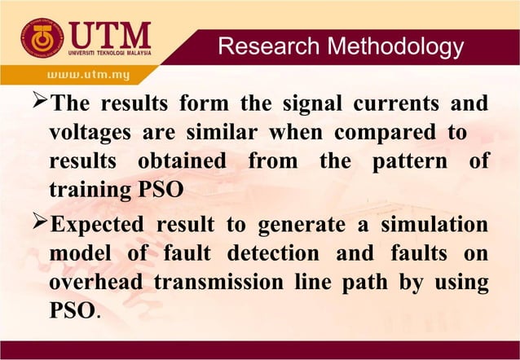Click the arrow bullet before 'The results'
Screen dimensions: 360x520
coord(37,105)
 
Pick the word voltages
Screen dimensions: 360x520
coord(91,133)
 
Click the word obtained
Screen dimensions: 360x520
coord(186,160)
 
